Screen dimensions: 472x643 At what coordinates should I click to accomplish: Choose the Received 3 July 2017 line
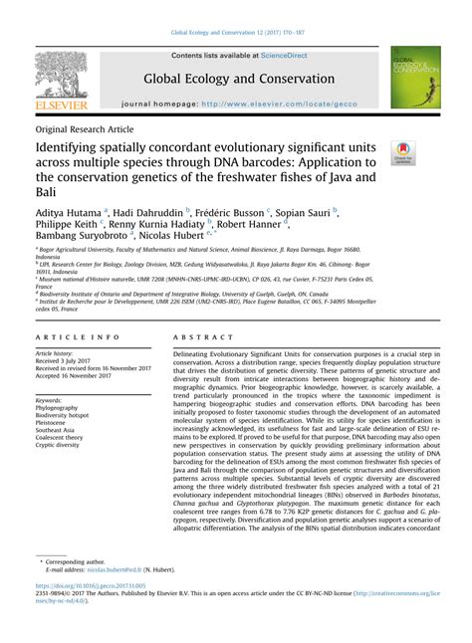(x=67, y=360)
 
